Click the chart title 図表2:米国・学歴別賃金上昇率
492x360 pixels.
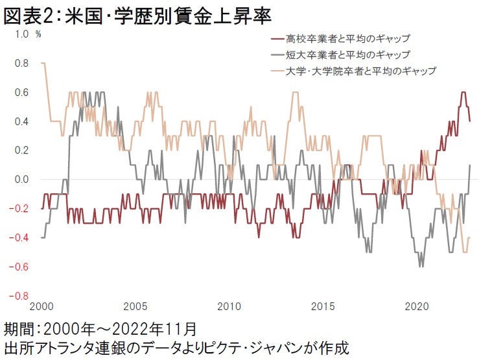(x=137, y=16)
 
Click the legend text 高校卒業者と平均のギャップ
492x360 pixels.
(x=352, y=40)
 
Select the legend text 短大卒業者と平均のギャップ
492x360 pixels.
(x=352, y=54)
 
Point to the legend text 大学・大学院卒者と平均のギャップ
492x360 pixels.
(x=362, y=70)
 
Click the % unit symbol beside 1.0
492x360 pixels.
(x=38, y=34)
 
